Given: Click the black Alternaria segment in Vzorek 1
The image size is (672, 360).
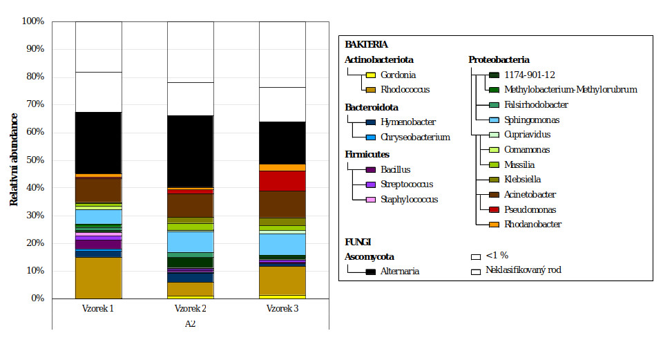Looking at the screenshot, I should click(x=98, y=142).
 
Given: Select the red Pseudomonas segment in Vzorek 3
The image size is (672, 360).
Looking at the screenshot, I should click(x=282, y=180).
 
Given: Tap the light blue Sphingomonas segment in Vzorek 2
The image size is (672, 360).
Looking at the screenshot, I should click(x=190, y=241).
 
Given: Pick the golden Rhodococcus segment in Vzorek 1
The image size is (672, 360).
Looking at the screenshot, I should click(x=98, y=277).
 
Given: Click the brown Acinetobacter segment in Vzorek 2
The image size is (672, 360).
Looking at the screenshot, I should click(x=190, y=205).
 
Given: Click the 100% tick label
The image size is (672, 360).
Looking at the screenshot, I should click(x=33, y=21).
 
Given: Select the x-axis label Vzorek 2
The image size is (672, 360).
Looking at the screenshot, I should click(x=190, y=308).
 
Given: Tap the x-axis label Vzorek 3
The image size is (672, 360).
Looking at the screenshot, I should click(x=282, y=308).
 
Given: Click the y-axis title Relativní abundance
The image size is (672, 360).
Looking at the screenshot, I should click(x=14, y=160).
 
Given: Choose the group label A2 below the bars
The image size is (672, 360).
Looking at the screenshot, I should click(x=190, y=324).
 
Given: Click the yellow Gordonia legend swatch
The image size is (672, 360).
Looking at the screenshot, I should click(x=370, y=75).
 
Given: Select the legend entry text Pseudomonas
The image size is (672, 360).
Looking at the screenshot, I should click(x=528, y=209).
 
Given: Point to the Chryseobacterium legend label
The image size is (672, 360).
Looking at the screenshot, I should click(x=415, y=137).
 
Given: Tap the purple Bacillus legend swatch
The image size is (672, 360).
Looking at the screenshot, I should click(x=370, y=169).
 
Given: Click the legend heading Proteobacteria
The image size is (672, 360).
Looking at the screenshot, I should click(x=499, y=59).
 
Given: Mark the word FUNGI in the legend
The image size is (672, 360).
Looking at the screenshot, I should click(x=358, y=242).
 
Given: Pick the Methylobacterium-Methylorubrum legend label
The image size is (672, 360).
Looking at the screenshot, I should click(x=570, y=89).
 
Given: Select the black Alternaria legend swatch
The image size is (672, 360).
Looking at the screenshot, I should click(x=370, y=271).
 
